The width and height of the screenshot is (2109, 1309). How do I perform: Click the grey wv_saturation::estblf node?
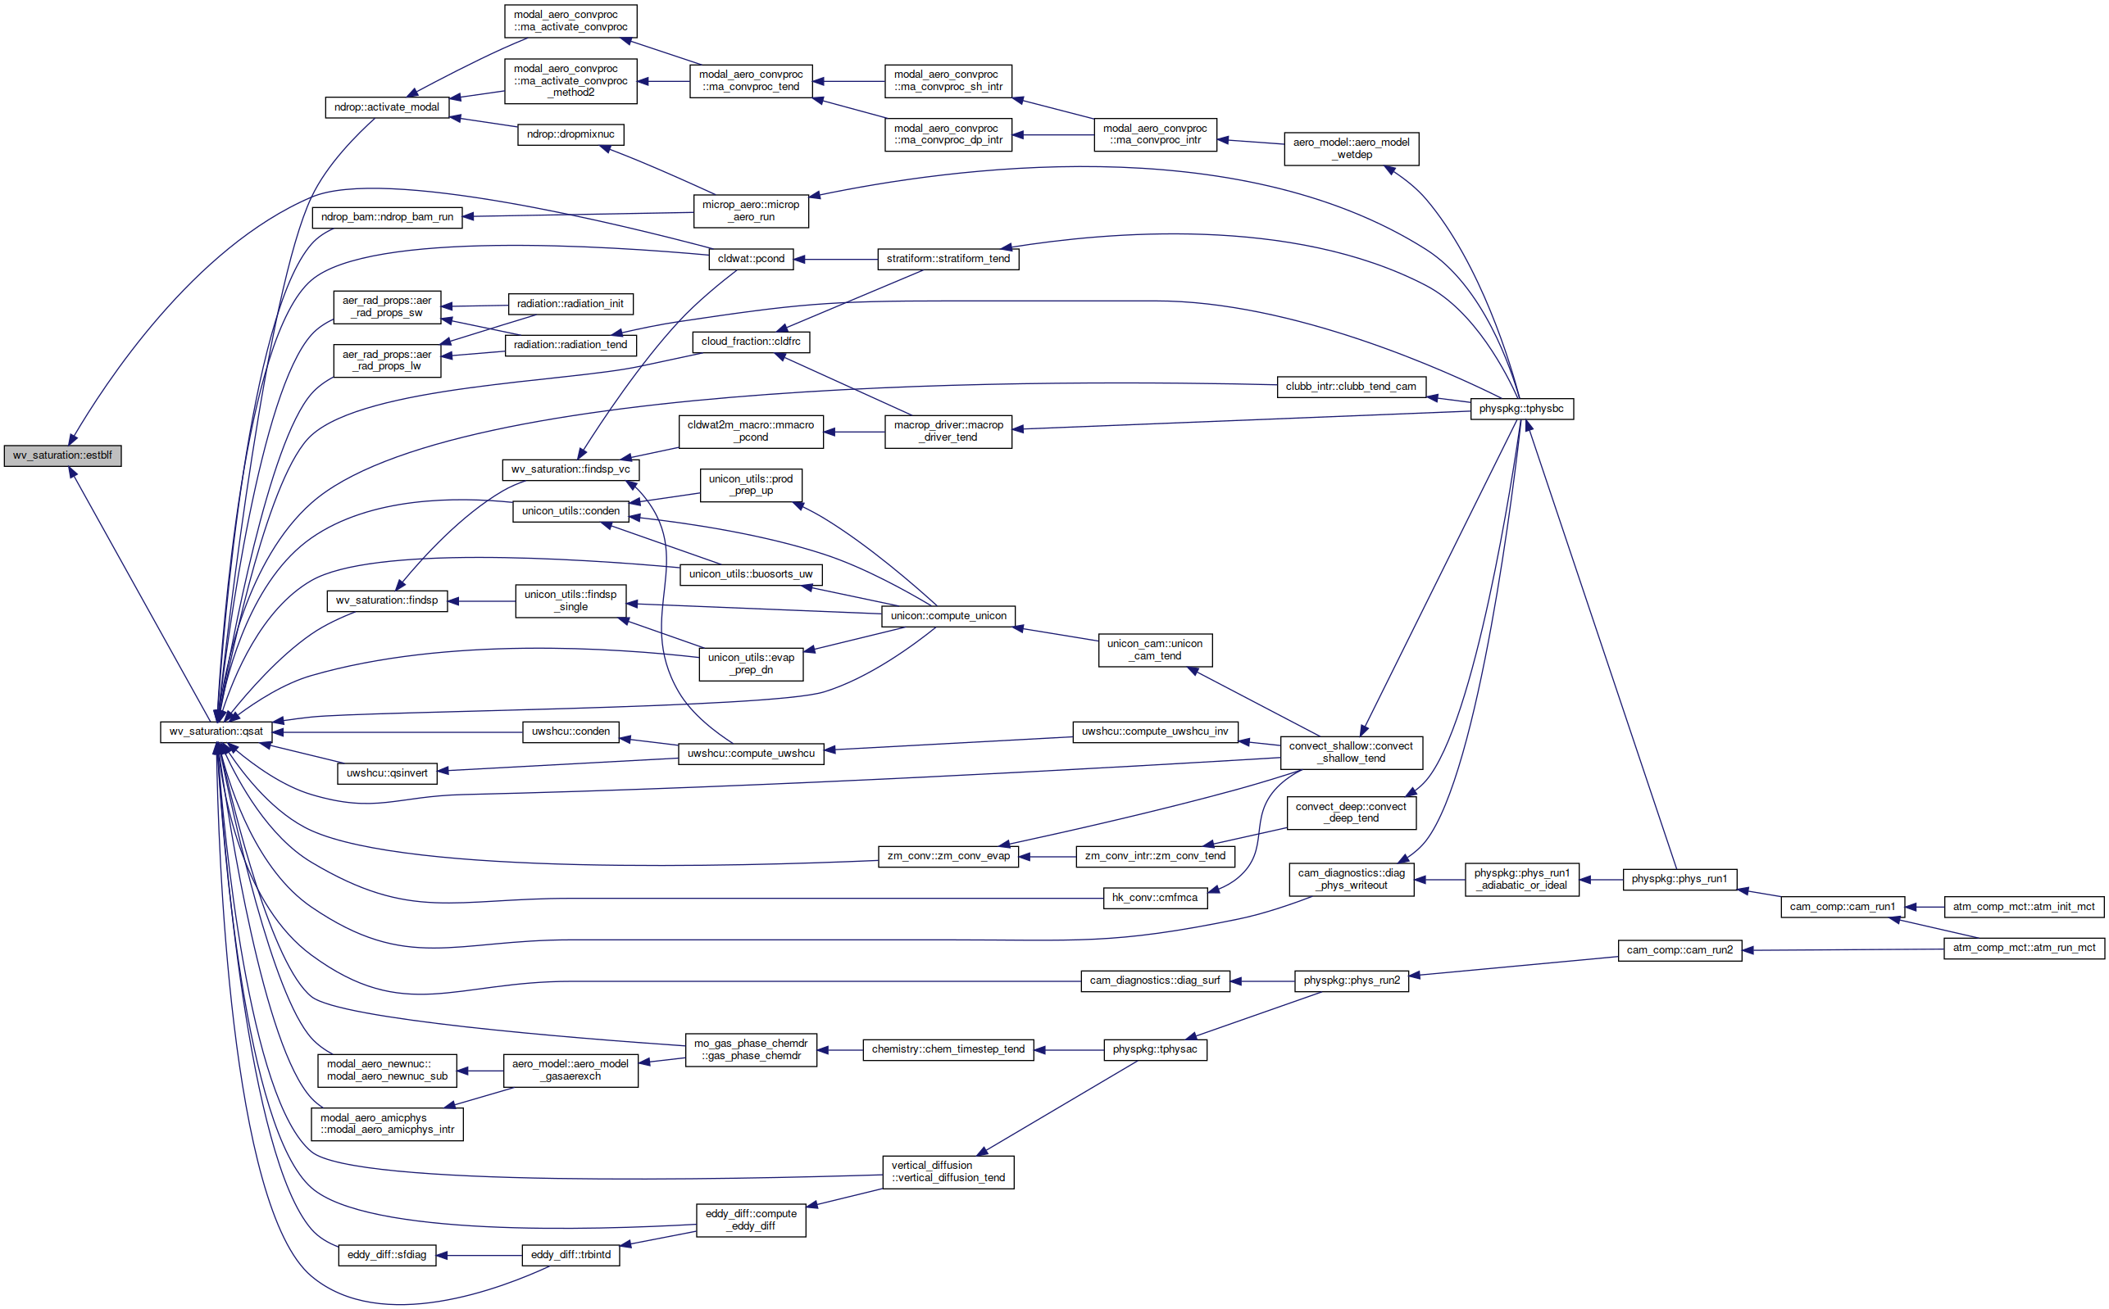(x=62, y=455)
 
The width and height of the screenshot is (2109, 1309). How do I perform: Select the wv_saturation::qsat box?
(x=216, y=731)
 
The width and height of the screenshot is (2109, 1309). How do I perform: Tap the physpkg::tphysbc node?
(x=1521, y=409)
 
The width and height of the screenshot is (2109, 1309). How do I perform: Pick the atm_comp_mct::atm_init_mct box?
(x=2023, y=907)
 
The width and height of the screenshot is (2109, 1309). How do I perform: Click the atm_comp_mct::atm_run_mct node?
(x=2023, y=948)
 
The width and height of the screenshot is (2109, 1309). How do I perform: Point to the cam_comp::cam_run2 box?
(x=1679, y=949)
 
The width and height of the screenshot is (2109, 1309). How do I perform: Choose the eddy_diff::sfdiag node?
(x=386, y=1254)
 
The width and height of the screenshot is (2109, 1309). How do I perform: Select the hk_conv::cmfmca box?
(x=1155, y=898)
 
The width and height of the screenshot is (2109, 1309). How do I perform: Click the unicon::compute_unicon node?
(x=948, y=615)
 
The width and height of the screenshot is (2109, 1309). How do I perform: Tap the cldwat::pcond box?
(x=751, y=259)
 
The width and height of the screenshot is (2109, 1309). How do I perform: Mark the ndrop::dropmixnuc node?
(x=570, y=134)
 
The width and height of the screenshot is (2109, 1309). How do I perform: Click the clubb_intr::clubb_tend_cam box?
(x=1350, y=386)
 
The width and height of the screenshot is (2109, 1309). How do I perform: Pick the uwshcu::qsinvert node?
(x=386, y=773)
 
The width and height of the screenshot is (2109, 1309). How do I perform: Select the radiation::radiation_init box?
(x=570, y=304)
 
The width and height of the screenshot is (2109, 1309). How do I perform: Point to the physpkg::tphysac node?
(x=1155, y=1049)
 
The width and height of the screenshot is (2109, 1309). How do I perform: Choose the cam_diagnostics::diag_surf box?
(x=1155, y=981)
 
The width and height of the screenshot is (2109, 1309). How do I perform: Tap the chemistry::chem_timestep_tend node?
(x=948, y=1049)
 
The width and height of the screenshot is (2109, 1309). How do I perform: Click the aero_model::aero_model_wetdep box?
(x=1350, y=149)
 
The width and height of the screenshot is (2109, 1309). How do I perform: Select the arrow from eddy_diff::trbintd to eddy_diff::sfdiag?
(x=479, y=1255)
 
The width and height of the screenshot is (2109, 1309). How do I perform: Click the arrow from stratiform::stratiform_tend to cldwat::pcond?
(x=836, y=259)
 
